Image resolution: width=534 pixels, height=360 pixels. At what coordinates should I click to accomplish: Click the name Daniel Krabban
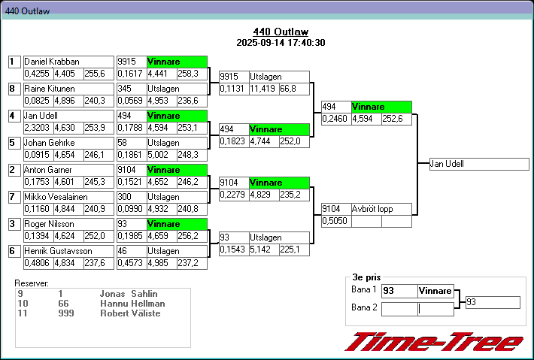pyautogui.click(x=51, y=62)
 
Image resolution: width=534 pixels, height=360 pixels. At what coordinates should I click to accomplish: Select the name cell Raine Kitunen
pyautogui.click(x=50, y=89)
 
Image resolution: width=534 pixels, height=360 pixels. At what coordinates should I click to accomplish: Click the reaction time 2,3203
pyautogui.click(x=37, y=128)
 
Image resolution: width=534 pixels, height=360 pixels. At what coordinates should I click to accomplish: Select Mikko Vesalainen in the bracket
pyautogui.click(x=56, y=197)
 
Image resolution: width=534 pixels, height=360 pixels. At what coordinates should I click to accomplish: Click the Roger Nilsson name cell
pyautogui.click(x=50, y=224)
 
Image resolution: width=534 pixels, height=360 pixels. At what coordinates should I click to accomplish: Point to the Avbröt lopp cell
pyautogui.click(x=381, y=209)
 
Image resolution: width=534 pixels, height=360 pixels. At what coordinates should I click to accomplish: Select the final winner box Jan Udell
pyautogui.click(x=478, y=164)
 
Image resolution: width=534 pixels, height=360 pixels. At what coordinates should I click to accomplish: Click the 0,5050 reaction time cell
pyautogui.click(x=335, y=221)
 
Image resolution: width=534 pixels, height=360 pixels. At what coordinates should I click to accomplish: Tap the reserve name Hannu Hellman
pyautogui.click(x=132, y=304)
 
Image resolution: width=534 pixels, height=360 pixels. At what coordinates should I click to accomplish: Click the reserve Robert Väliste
pyautogui.click(x=130, y=313)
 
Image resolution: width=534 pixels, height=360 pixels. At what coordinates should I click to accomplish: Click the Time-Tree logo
pyautogui.click(x=434, y=342)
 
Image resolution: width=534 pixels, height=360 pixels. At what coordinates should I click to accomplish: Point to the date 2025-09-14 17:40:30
pyautogui.click(x=280, y=43)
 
